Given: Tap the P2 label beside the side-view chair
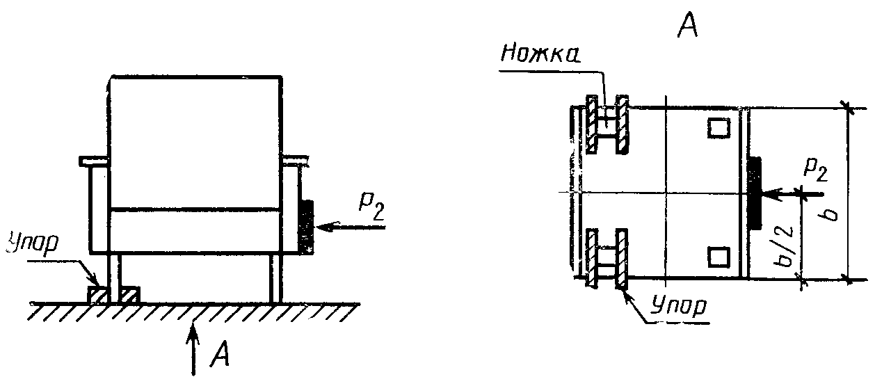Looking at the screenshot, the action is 371,207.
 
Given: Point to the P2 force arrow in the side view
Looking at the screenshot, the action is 351,226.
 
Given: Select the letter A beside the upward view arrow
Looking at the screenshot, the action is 220,353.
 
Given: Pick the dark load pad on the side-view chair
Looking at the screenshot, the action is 306,227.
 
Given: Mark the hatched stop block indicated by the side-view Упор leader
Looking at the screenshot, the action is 96,295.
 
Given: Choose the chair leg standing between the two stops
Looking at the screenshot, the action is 114,278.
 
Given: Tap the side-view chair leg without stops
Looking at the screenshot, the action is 275,278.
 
